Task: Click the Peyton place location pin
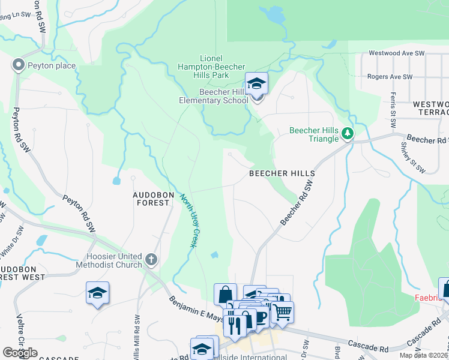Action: [x=19, y=64]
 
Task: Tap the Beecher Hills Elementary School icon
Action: [x=256, y=85]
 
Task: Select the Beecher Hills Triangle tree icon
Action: [x=347, y=133]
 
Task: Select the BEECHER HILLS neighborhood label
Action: [x=282, y=173]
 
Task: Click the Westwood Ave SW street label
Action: [x=397, y=53]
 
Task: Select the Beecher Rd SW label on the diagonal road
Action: [x=298, y=205]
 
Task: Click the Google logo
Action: [x=20, y=353]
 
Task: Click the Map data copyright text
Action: [x=424, y=355]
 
